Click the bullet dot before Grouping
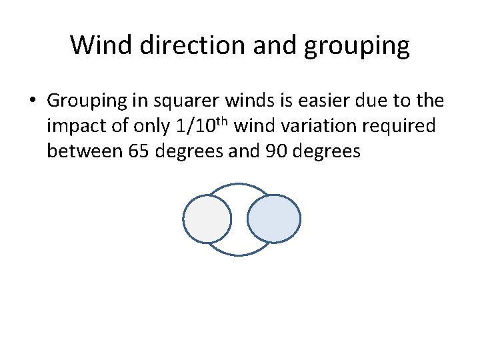[x=32, y=101]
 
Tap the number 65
[x=141, y=151]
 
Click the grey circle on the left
[x=207, y=219]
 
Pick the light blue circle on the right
[x=273, y=219]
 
